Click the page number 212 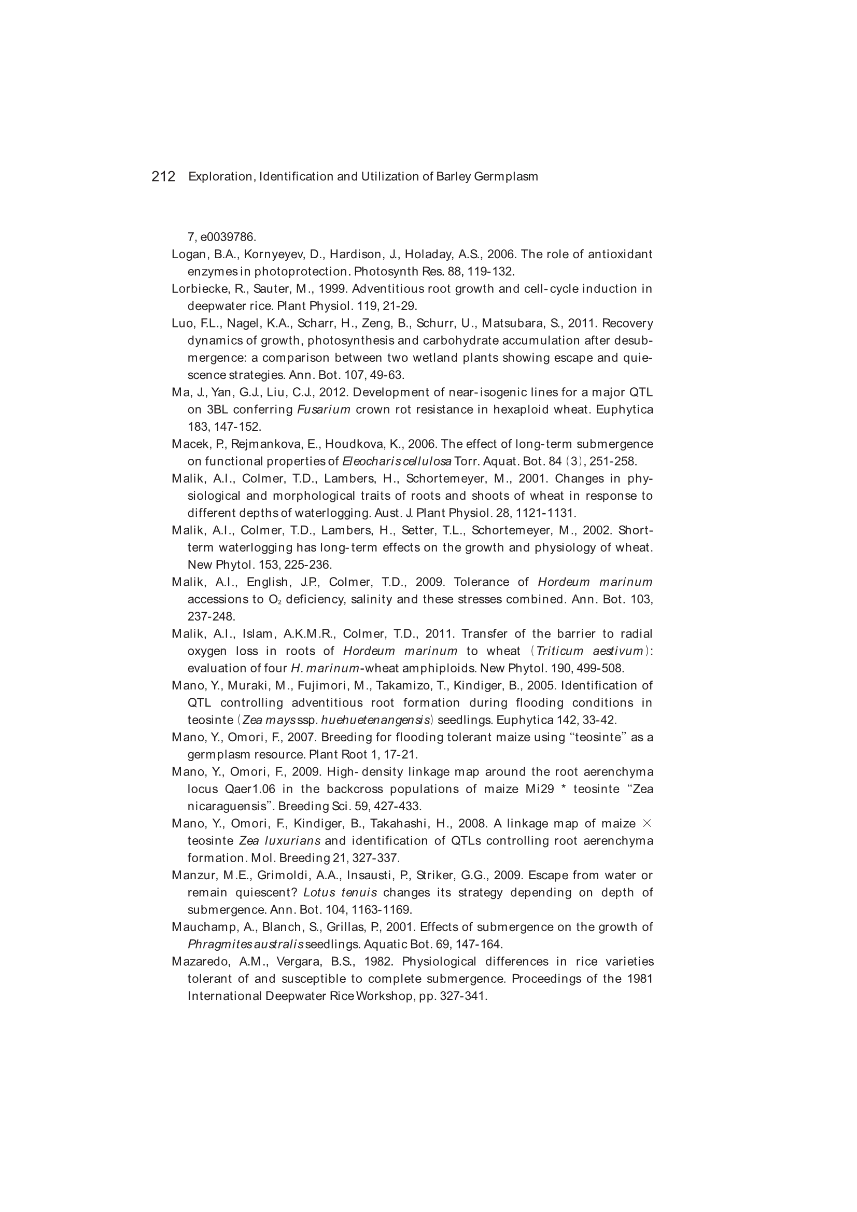[163, 176]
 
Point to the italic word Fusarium [324, 410]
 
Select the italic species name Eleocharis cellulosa [397, 461]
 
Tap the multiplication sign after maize [648, 824]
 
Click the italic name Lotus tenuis [340, 893]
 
